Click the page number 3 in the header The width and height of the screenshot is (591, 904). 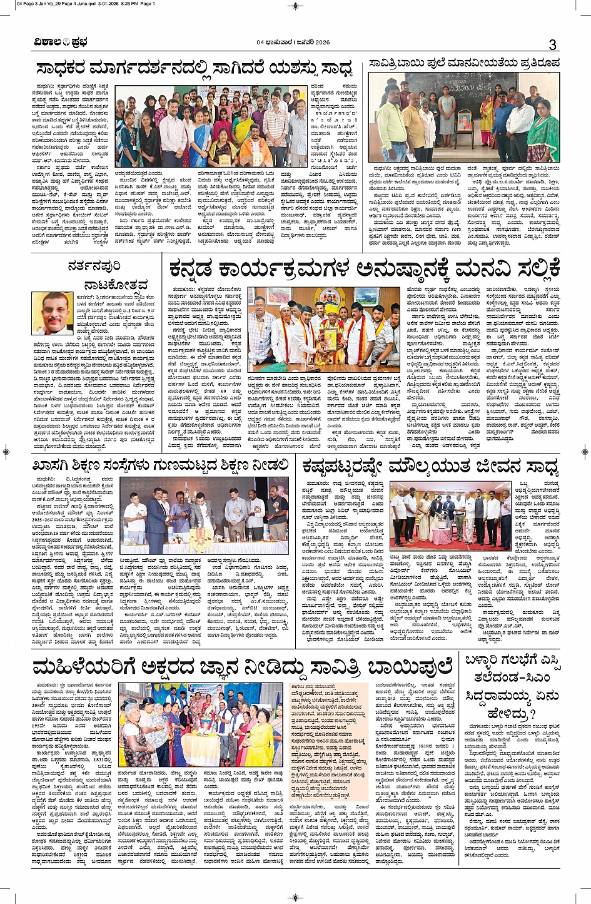552,44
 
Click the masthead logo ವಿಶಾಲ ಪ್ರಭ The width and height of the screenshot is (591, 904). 61,43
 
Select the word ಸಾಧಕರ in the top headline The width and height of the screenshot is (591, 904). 61,68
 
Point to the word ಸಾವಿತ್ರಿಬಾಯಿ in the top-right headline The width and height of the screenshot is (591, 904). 400,63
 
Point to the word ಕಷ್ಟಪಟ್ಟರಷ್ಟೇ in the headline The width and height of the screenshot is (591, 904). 343,467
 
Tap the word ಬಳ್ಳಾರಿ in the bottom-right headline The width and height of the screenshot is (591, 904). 487,663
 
